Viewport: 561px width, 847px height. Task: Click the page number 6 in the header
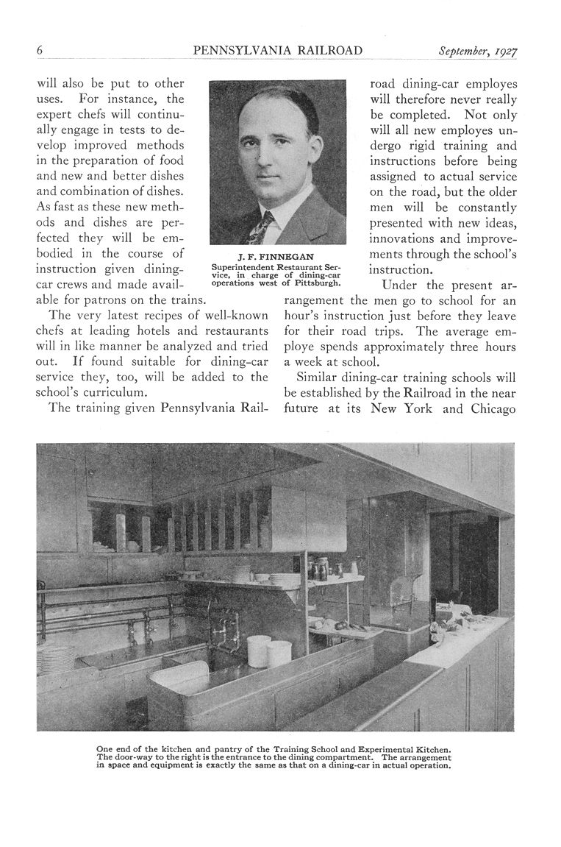click(40, 51)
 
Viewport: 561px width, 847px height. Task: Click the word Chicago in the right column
click(490, 409)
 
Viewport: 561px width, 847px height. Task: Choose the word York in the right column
click(417, 409)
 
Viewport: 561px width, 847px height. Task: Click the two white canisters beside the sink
click(268, 651)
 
